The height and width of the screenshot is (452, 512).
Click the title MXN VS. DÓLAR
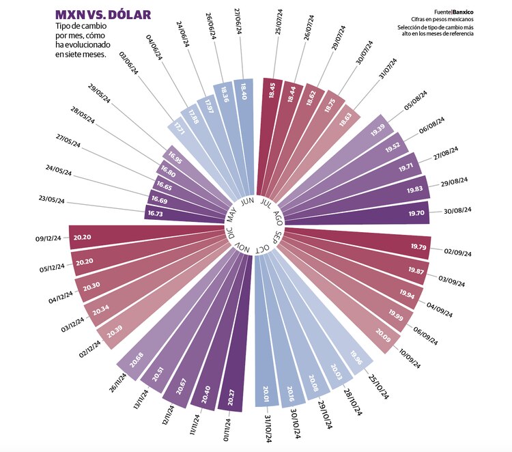click(x=103, y=15)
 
